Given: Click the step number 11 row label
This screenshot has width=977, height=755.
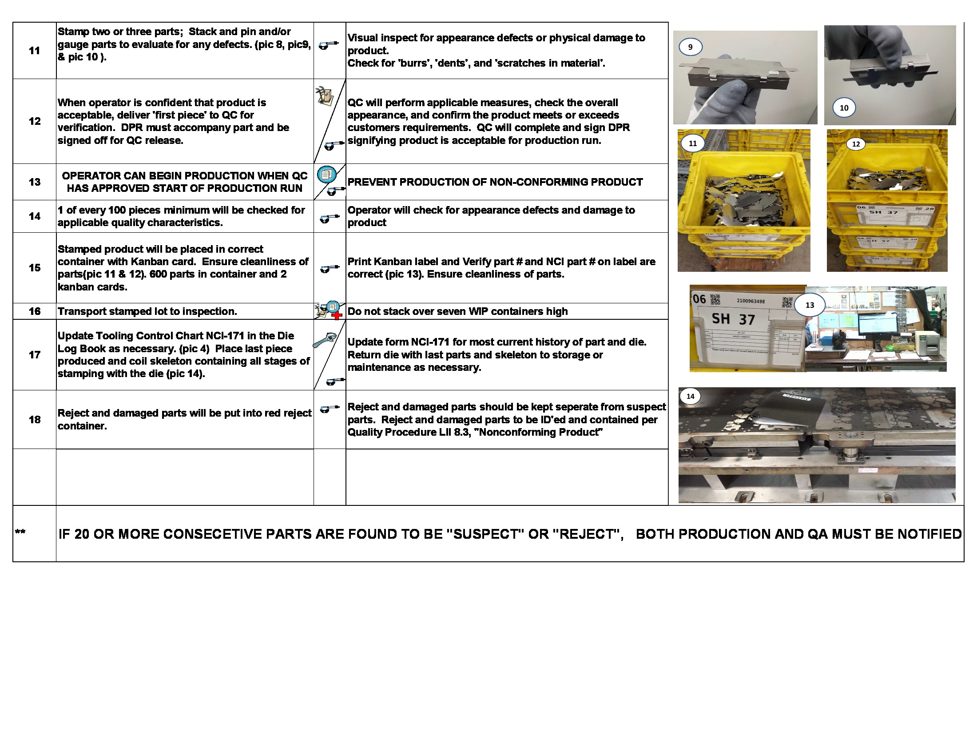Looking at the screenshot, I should pos(35,51).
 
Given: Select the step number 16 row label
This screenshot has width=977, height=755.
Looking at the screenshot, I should pos(35,311).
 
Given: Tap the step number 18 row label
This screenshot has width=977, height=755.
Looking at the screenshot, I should pos(35,420).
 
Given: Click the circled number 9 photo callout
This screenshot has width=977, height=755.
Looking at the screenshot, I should pos(690,47).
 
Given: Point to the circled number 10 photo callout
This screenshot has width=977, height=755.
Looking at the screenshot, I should pos(844,108).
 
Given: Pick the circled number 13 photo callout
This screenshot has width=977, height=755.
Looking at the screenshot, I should pos(810,305).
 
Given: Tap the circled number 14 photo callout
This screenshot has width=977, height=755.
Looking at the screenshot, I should pos(690,396).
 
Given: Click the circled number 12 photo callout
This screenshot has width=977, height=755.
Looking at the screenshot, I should pos(856,144).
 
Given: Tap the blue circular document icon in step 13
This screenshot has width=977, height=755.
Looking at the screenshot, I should pos(326,174).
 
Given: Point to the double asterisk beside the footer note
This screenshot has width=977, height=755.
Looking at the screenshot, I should pos(20,532).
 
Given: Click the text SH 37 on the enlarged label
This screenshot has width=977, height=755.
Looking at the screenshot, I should pos(733,319).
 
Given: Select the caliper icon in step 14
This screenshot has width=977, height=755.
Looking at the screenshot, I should pos(329,219).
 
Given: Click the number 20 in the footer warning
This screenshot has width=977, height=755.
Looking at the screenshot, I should pos(82,534).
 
